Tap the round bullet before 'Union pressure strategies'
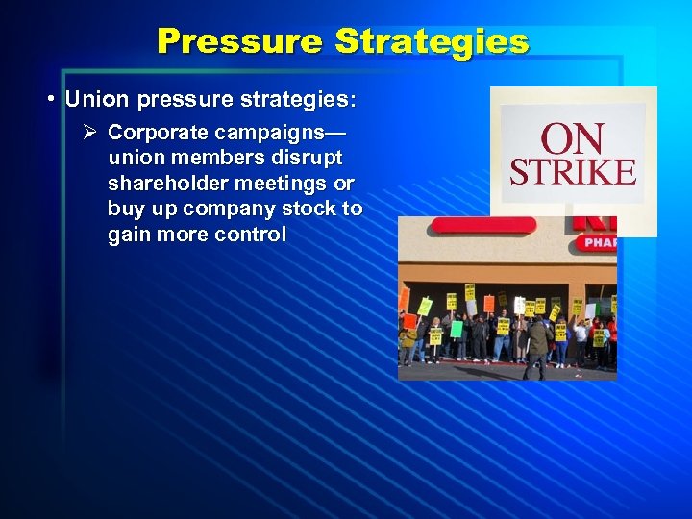[51, 101]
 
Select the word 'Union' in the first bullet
[94, 100]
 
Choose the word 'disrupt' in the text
[309, 158]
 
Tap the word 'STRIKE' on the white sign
[572, 172]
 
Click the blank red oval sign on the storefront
[482, 225]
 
